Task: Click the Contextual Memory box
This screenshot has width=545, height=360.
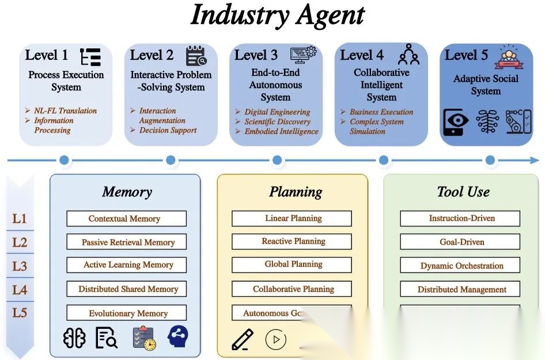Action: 126,219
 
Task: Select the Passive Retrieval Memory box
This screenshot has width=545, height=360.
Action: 126,242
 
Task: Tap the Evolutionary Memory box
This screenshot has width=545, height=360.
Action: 126,313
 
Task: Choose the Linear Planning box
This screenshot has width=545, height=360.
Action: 292,219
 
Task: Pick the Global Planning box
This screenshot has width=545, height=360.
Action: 292,265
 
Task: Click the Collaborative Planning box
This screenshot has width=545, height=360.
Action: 292,289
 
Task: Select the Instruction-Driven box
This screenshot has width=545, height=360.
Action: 460,219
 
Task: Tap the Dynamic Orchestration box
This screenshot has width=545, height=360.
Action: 460,266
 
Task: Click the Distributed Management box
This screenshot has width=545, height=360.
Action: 460,290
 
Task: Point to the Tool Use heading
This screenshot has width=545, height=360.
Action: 463,192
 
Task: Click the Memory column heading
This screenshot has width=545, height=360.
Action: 127,192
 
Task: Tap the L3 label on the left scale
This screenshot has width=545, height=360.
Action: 20,266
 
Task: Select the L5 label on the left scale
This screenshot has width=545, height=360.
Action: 20,313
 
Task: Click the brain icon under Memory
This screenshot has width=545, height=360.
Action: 74,338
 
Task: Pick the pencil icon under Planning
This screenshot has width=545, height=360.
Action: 242,339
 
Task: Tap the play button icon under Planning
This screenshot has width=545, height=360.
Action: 275,339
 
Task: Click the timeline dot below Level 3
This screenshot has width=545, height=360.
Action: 277,160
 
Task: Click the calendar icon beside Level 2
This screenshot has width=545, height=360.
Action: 195,56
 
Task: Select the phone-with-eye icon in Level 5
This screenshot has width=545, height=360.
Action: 455,122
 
